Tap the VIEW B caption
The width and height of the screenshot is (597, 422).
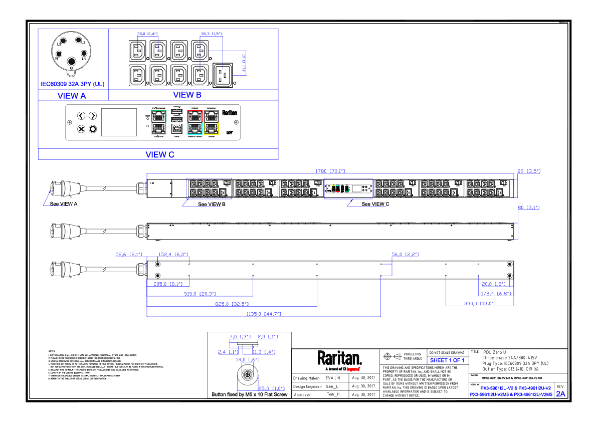[187, 95]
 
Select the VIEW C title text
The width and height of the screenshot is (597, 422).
[160, 154]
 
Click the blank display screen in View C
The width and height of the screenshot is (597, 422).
[119, 122]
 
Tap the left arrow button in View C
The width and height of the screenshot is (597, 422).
[81, 116]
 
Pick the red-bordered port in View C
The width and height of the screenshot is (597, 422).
[194, 117]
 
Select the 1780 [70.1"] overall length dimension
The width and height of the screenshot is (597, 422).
[330, 171]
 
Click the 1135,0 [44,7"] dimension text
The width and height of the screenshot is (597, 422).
[263, 314]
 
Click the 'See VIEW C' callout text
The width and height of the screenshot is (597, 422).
[375, 204]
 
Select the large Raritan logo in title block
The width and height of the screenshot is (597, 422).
[339, 358]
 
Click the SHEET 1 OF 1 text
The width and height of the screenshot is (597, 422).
[447, 360]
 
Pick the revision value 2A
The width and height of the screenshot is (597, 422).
[560, 394]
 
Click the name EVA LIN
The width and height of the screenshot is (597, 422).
[333, 378]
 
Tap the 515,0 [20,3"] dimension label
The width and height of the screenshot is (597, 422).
[200, 293]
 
